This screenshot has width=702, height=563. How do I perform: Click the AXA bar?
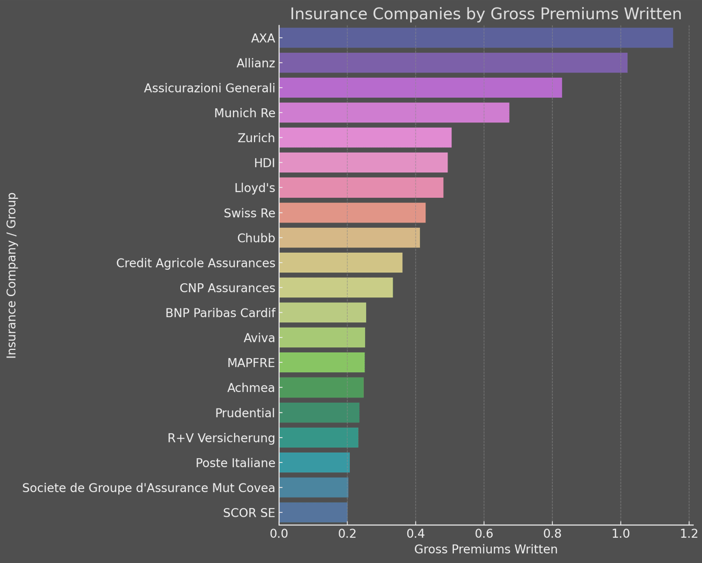(476, 38)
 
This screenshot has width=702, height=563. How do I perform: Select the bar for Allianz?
(453, 63)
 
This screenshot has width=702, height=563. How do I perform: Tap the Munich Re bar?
(394, 112)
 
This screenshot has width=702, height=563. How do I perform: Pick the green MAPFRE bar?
(322, 362)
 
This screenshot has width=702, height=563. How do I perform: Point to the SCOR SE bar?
(313, 513)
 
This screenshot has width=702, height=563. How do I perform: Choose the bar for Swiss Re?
(352, 213)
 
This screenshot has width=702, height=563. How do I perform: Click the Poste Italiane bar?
(314, 463)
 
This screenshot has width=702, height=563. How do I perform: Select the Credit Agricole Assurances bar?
(340, 263)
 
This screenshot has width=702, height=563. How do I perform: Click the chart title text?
(486, 14)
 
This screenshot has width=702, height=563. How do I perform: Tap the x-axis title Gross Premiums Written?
(486, 549)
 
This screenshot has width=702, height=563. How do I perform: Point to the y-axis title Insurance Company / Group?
(12, 275)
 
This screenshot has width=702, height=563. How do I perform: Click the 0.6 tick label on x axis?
(484, 533)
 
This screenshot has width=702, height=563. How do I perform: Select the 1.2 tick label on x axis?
(689, 533)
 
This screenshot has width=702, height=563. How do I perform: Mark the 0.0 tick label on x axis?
(279, 533)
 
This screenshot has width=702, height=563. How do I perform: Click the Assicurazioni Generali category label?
(209, 88)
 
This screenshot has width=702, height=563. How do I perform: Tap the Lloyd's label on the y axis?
(254, 188)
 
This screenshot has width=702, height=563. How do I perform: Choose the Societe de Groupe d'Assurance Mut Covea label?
(149, 488)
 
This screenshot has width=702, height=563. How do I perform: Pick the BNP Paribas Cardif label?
(220, 313)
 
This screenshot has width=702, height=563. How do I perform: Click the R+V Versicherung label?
(221, 438)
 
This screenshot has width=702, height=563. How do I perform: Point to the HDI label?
(264, 163)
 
